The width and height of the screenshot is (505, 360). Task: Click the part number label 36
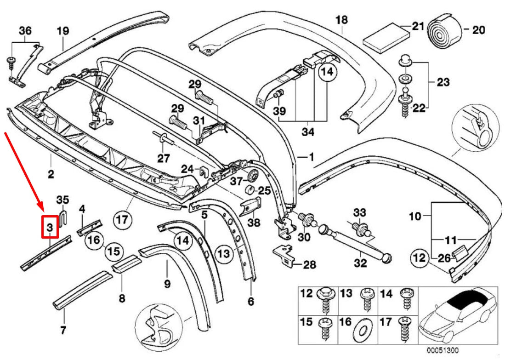25,31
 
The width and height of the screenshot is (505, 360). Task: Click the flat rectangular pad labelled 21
386,38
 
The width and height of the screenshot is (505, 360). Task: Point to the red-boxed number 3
50,227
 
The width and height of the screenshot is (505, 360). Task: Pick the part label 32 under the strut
360,263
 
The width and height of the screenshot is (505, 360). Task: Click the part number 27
164,159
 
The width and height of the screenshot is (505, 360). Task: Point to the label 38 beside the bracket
254,223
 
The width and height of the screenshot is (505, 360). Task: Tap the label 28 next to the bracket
310,265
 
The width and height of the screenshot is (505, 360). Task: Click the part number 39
279,111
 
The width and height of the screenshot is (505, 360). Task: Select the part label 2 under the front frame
50,174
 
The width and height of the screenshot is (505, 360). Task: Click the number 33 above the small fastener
359,212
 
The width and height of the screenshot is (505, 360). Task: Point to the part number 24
187,169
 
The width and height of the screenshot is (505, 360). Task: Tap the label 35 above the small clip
62,199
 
